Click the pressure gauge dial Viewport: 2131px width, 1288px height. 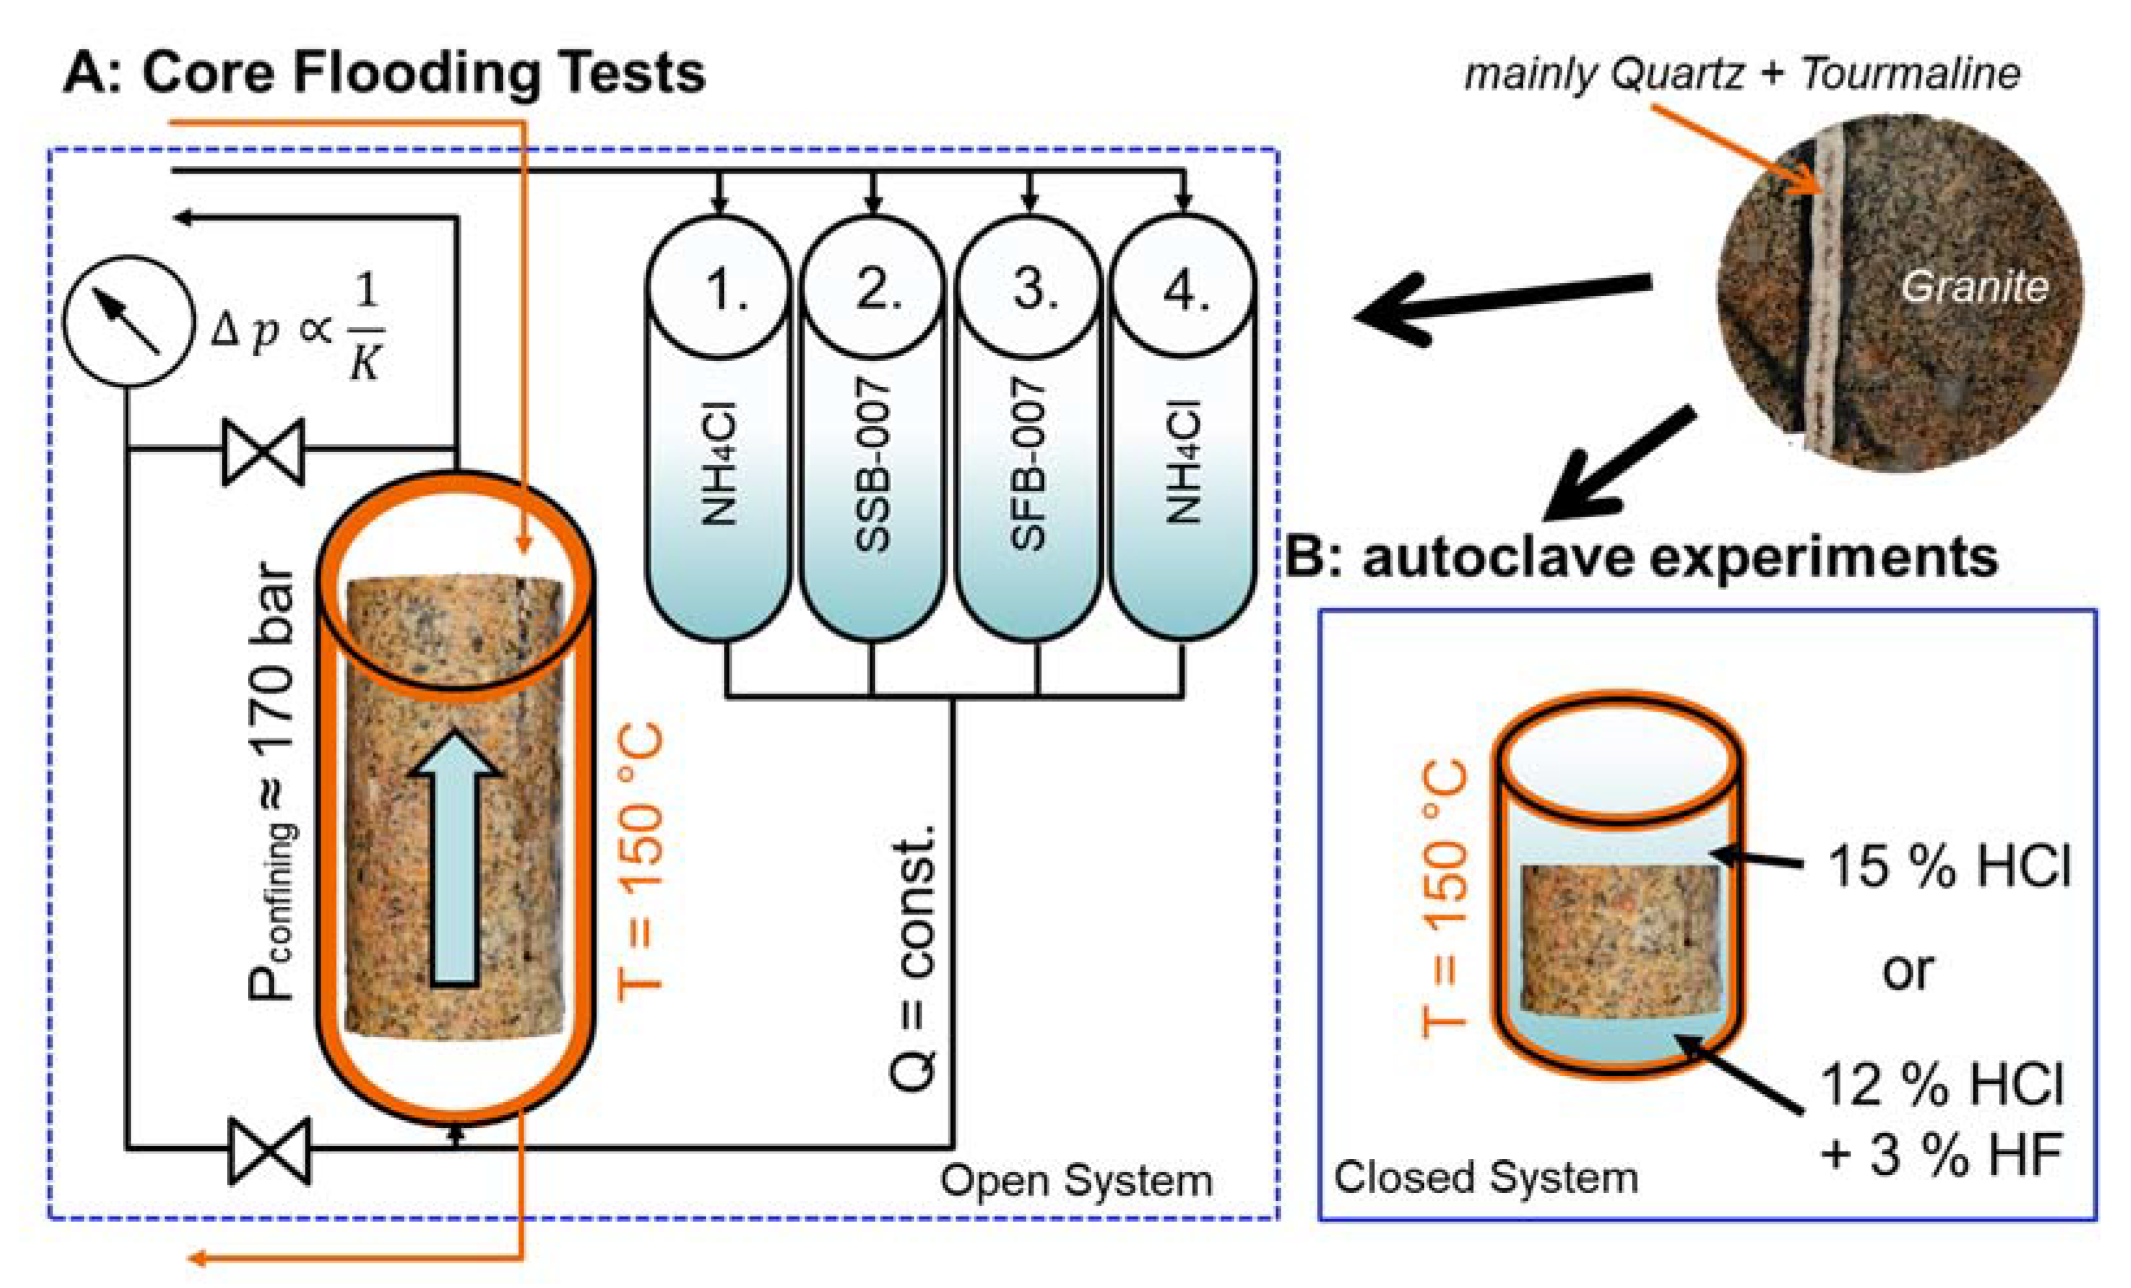click(x=129, y=320)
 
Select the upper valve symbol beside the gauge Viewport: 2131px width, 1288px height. click(x=264, y=451)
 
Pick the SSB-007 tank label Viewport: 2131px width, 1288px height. click(x=872, y=464)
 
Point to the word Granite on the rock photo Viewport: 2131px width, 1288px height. click(x=1974, y=286)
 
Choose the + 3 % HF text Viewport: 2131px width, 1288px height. click(x=1942, y=1154)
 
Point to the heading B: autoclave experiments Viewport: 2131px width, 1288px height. click(x=1641, y=557)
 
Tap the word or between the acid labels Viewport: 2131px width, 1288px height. click(x=1908, y=971)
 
